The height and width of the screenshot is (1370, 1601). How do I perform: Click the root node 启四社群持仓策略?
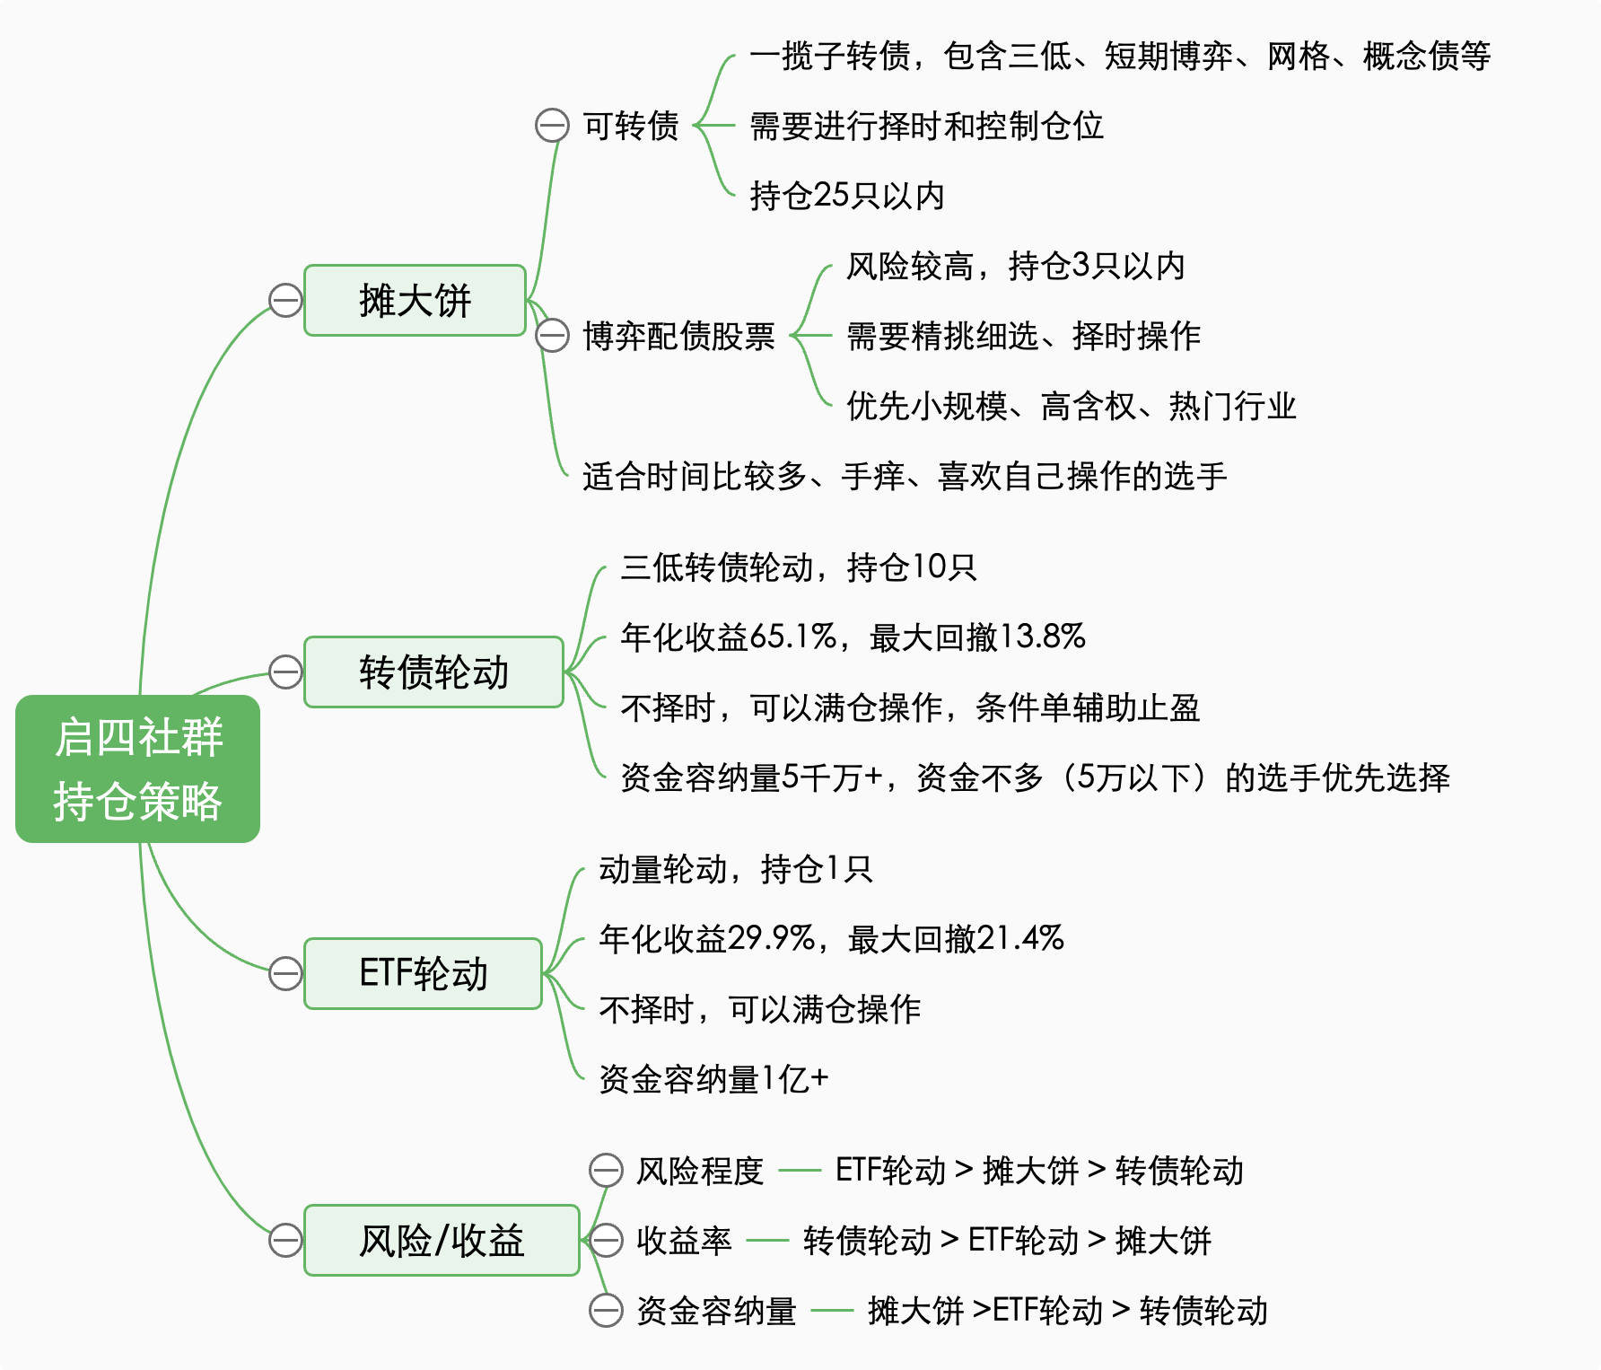(x=137, y=768)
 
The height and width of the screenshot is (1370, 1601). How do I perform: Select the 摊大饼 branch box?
(x=415, y=301)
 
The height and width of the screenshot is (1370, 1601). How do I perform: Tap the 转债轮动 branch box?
(x=433, y=672)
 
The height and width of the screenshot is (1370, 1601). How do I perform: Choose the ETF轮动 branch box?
(x=423, y=974)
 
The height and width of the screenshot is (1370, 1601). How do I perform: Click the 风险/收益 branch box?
(x=442, y=1241)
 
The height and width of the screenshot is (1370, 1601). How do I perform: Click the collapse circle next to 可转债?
(x=552, y=126)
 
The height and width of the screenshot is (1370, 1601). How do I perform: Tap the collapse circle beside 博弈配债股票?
(x=552, y=336)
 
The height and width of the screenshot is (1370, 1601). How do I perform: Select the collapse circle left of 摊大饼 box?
(x=285, y=301)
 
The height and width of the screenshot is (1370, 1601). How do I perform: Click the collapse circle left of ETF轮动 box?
(x=285, y=974)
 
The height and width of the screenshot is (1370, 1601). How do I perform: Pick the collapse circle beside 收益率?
(x=606, y=1241)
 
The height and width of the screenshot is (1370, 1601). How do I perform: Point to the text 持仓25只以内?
(x=846, y=196)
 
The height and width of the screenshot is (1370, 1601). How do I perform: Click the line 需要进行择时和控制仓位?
(x=926, y=126)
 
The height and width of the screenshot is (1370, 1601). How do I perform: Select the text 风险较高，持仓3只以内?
(x=1015, y=266)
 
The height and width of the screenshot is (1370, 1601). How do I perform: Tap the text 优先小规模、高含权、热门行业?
(x=1071, y=406)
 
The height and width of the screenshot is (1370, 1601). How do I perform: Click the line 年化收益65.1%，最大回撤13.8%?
(x=853, y=637)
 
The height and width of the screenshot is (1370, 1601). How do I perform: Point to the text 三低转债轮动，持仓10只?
(x=798, y=567)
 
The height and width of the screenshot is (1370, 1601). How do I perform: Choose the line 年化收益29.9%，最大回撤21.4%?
(x=831, y=939)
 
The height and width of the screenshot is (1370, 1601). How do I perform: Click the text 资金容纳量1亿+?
(x=713, y=1079)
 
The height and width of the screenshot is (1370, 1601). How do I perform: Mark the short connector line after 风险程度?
(x=799, y=1171)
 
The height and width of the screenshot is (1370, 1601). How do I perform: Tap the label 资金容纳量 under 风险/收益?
(x=716, y=1311)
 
